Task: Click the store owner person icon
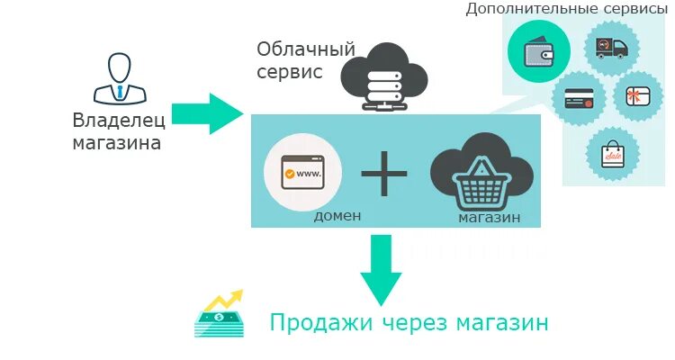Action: point(118,78)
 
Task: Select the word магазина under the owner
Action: point(117,142)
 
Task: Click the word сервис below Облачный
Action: point(289,72)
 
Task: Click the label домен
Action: point(337,216)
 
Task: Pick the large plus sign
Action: point(384,173)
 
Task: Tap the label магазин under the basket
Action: point(488,217)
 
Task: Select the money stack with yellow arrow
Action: point(219,313)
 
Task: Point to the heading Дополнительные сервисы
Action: point(566,9)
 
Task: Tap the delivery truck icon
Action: point(611,47)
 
